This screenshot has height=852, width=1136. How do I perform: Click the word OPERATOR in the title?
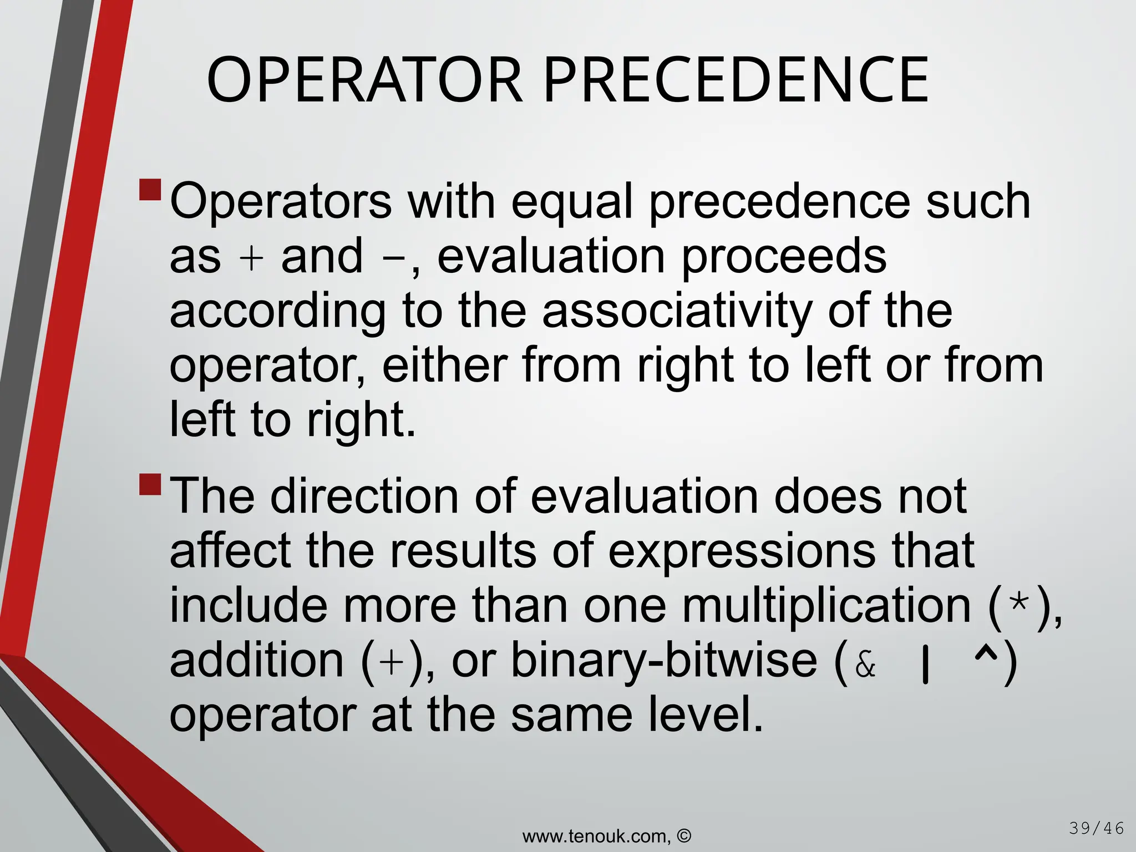point(364,80)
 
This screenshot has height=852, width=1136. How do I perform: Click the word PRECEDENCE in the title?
point(736,80)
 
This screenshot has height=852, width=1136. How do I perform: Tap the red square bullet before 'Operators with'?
point(150,190)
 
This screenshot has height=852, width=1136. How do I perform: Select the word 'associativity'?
point(676,310)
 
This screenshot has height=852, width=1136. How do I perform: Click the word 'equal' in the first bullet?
point(572,201)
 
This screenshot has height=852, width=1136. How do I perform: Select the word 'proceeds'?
point(784,256)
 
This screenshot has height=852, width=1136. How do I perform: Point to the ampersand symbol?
point(865,665)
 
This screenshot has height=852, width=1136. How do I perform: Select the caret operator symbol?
point(985,656)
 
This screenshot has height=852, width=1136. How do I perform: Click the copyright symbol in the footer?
point(684,836)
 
